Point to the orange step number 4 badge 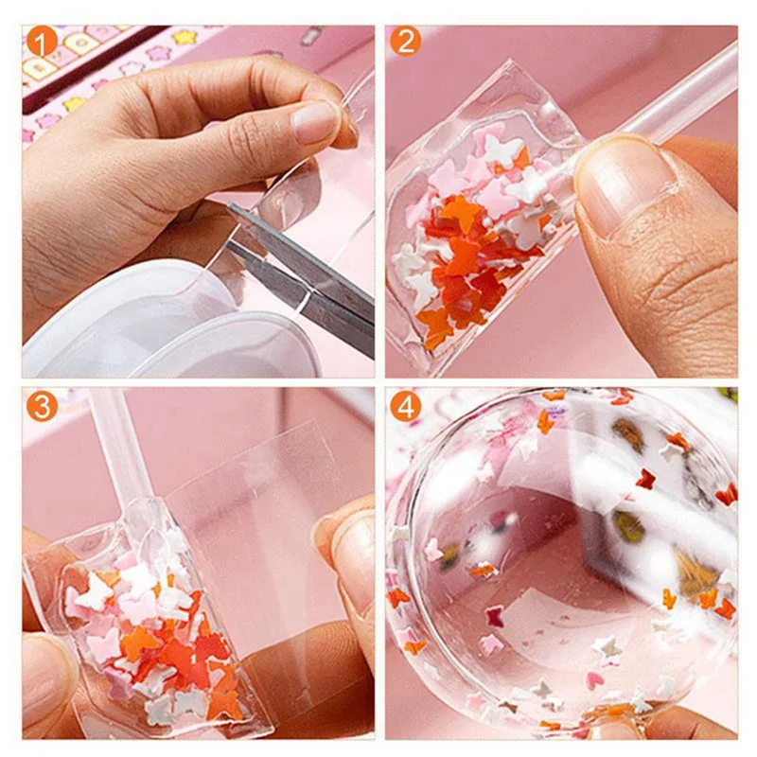click(x=405, y=406)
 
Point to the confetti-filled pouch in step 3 click(x=151, y=615)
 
